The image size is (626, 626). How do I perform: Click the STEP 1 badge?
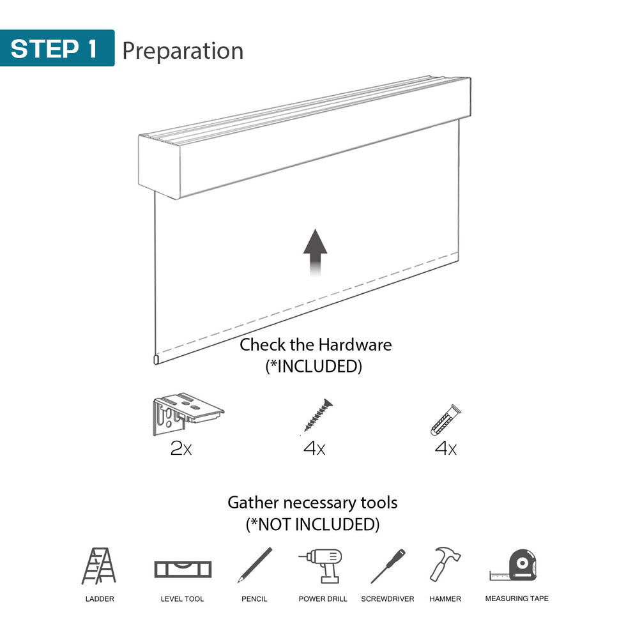pyautogui.click(x=57, y=49)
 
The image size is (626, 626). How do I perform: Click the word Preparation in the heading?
pyautogui.click(x=183, y=50)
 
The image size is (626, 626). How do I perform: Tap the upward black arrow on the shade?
pyautogui.click(x=315, y=252)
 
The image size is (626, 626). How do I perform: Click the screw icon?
pyautogui.click(x=318, y=415)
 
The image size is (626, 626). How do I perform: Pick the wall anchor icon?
pyautogui.click(x=445, y=420)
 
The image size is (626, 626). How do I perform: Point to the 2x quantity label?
pyautogui.click(x=181, y=448)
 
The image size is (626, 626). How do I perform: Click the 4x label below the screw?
pyautogui.click(x=314, y=448)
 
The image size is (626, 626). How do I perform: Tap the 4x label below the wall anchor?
pyautogui.click(x=445, y=448)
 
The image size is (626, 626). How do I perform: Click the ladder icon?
pyautogui.click(x=99, y=566)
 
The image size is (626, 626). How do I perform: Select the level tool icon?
pyautogui.click(x=183, y=568)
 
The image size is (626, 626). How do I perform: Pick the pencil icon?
pyautogui.click(x=254, y=565)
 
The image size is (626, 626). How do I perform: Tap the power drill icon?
pyautogui.click(x=322, y=565)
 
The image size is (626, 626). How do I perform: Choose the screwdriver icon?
pyautogui.click(x=388, y=565)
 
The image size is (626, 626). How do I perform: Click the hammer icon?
pyautogui.click(x=445, y=563)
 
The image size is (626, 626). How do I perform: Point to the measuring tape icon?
pyautogui.click(x=517, y=565)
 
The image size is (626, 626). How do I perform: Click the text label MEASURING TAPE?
pyautogui.click(x=516, y=599)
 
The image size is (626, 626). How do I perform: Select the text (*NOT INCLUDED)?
pyautogui.click(x=312, y=524)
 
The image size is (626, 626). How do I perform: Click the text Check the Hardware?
pyautogui.click(x=316, y=345)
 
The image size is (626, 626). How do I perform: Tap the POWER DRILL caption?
pyautogui.click(x=323, y=599)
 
